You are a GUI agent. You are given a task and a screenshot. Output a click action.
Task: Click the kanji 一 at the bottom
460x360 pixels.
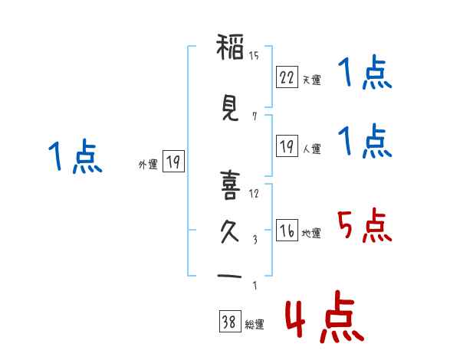pyautogui.click(x=229, y=276)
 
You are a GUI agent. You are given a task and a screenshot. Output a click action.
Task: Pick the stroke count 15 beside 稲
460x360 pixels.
pyautogui.click(x=254, y=56)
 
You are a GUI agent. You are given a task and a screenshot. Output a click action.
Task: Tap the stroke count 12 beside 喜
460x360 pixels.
pyautogui.click(x=254, y=194)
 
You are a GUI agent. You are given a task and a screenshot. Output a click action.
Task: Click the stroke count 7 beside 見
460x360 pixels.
pyautogui.click(x=254, y=116)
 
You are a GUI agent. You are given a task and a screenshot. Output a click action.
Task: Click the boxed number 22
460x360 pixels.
pyautogui.click(x=287, y=77)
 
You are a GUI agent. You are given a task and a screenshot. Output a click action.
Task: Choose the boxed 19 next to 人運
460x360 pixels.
pyautogui.click(x=287, y=146)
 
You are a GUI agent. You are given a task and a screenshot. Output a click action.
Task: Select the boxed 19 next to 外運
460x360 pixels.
pyautogui.click(x=172, y=162)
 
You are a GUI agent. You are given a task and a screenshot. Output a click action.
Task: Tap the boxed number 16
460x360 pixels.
pyautogui.click(x=287, y=231)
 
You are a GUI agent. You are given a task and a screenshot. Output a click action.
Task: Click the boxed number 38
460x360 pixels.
pyautogui.click(x=229, y=322)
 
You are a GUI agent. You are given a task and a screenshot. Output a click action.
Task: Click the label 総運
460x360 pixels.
pyautogui.click(x=255, y=325)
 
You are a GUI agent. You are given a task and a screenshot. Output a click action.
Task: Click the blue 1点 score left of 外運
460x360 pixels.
pyautogui.click(x=74, y=157)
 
